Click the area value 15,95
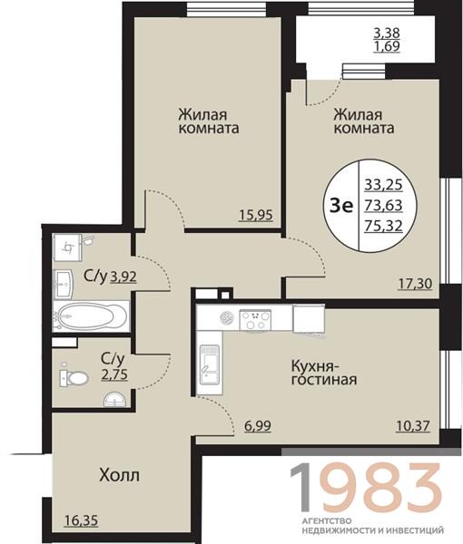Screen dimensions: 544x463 click(258, 215)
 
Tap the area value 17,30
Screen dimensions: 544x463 click(414, 284)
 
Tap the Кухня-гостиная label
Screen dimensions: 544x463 click(323, 372)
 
